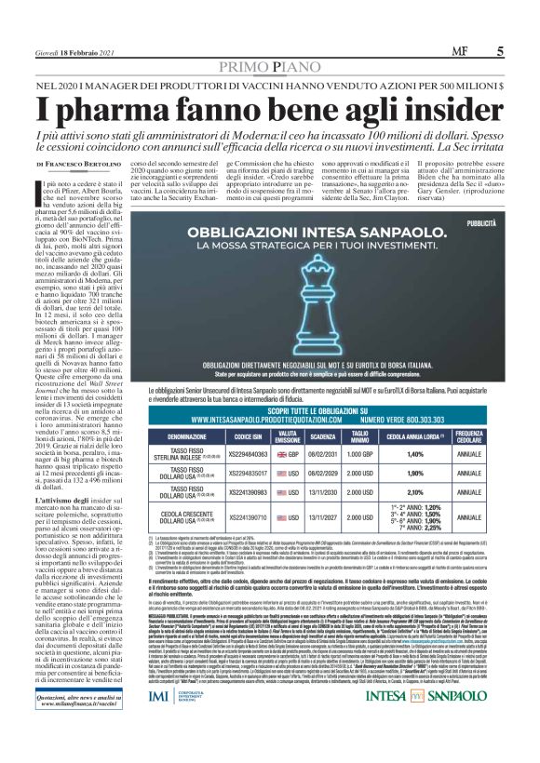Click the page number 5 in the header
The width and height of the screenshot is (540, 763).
pyautogui.click(x=500, y=51)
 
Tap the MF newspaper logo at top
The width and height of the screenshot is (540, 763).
pyautogui.click(x=461, y=51)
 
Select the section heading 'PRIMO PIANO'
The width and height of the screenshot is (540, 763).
pyautogui.click(x=269, y=69)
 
